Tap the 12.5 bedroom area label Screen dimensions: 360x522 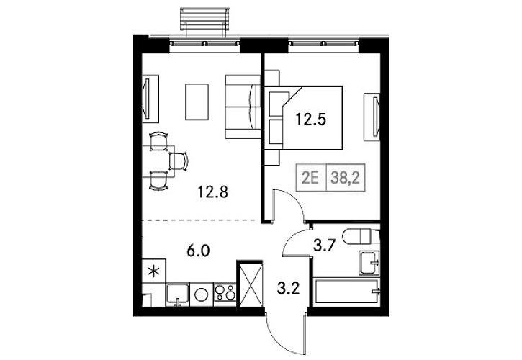310,120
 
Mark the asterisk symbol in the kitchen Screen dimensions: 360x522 153,271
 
